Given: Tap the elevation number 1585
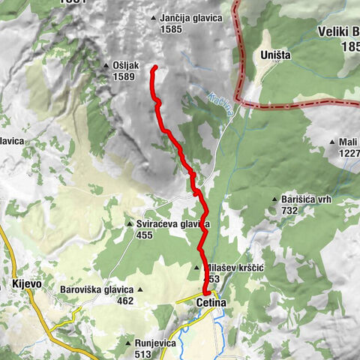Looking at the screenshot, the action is click(x=171, y=30).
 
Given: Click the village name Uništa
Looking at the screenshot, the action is click(x=274, y=55).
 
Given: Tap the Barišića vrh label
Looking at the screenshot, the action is click(x=306, y=199).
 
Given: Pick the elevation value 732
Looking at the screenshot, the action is click(x=291, y=211).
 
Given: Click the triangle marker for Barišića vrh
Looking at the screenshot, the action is click(x=275, y=199).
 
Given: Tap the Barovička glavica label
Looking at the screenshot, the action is click(x=97, y=289).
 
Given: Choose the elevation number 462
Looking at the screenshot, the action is click(x=124, y=301).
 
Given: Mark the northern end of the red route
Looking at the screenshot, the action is click(x=154, y=68).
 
